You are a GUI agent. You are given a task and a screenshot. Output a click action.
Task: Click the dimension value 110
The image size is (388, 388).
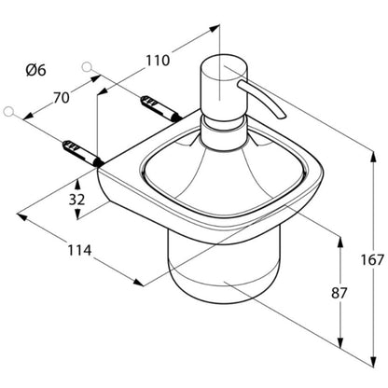[x=158, y=61]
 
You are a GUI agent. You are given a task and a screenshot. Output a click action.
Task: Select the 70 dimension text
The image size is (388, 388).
[x=62, y=98]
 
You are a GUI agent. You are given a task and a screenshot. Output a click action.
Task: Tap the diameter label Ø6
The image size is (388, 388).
[x=35, y=70]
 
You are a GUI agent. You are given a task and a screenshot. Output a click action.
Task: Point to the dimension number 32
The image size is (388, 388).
[x=76, y=200]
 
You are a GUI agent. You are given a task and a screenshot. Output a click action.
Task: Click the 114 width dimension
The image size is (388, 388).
[x=79, y=250]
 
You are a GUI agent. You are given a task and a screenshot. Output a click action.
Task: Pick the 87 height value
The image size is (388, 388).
[x=339, y=293]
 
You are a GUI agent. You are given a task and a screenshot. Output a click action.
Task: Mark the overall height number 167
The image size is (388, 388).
[x=372, y=260]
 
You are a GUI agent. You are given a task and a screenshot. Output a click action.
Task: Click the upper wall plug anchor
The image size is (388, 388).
[x=160, y=108]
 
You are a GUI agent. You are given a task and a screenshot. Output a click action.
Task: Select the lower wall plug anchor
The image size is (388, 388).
[x=83, y=153]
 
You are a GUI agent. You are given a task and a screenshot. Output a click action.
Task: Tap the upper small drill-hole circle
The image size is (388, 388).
[x=87, y=66]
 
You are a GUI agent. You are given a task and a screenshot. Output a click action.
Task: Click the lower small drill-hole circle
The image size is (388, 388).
[x=9, y=111]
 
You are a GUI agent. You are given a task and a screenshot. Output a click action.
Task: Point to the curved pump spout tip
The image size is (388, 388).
[x=282, y=116]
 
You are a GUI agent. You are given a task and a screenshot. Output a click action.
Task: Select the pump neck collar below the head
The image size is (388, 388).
[x=223, y=132]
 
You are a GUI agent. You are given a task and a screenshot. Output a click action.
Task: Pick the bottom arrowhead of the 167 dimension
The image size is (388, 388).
[x=373, y=362]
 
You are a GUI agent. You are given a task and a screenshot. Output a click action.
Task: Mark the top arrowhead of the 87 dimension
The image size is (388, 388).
[x=340, y=242]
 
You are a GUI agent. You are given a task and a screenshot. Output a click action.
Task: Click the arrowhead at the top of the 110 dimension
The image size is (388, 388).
[x=214, y=28]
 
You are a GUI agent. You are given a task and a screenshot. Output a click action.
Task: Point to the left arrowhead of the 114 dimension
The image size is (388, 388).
[x=21, y=216]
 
